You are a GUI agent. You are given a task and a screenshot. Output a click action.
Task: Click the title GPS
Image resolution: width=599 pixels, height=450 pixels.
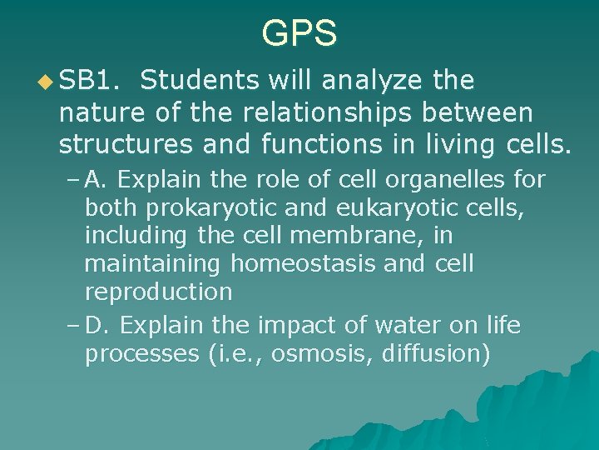(x=299, y=34)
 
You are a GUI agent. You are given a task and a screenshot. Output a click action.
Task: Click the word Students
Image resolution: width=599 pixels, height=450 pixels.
(x=199, y=81)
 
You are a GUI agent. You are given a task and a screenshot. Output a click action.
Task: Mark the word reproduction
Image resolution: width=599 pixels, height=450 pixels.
(x=158, y=292)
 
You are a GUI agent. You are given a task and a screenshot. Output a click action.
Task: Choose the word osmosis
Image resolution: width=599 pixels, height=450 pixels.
(x=323, y=353)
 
